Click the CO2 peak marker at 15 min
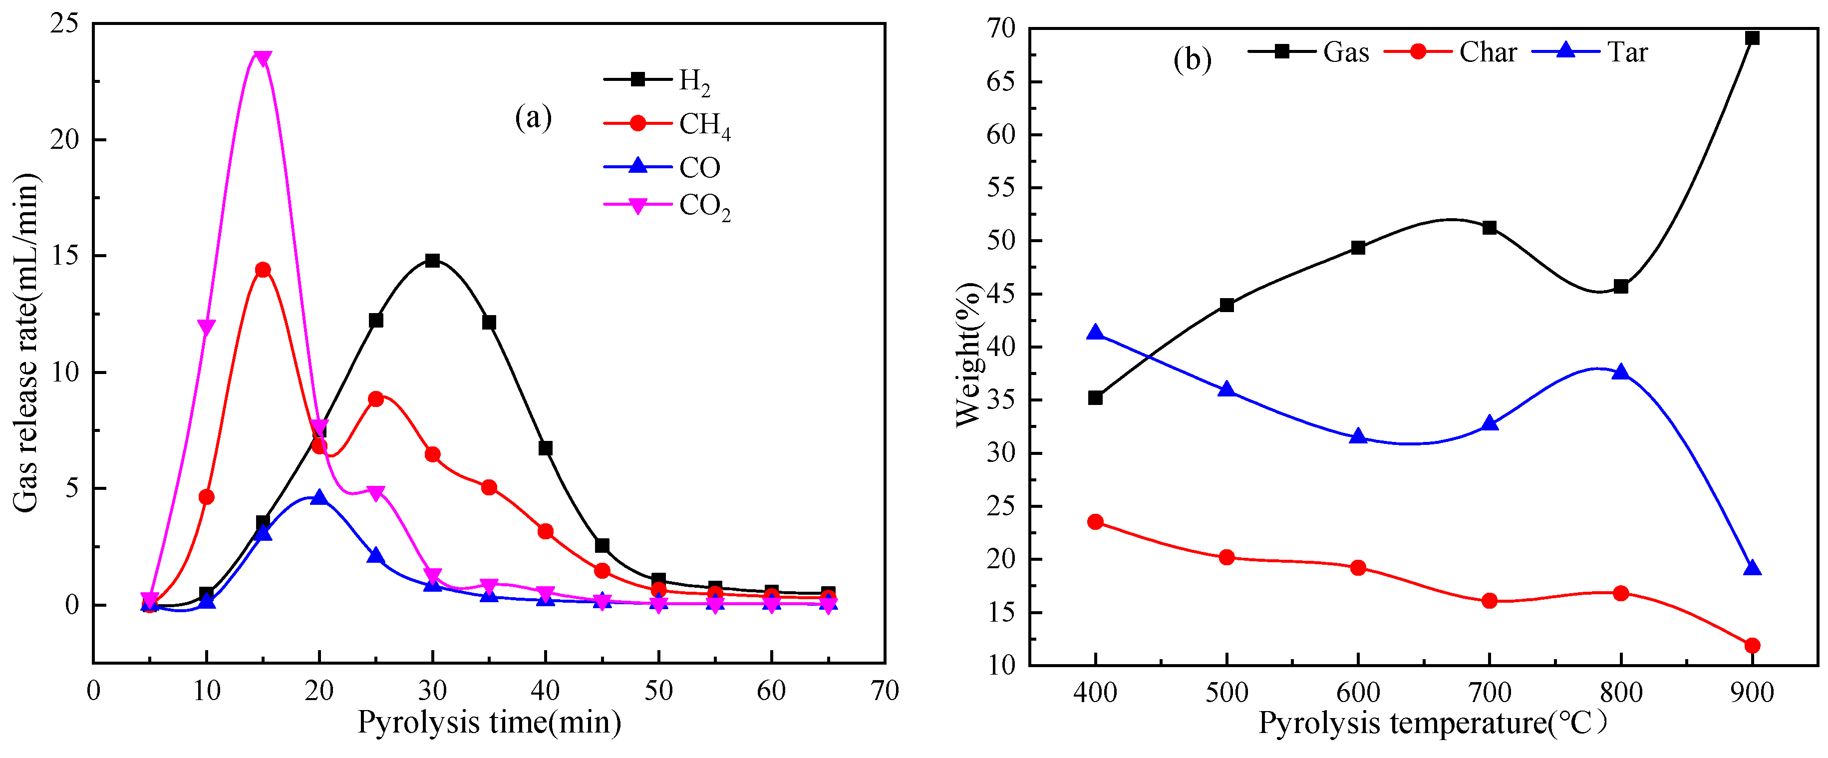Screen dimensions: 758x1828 click(263, 58)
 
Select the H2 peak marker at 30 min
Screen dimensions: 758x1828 click(432, 261)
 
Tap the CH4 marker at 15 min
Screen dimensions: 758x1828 click(263, 270)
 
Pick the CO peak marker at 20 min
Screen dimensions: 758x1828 click(319, 497)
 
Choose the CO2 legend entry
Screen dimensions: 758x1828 click(666, 206)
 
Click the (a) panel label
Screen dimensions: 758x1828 click(533, 117)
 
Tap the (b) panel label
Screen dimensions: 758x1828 click(1192, 59)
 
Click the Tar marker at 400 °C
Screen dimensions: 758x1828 click(1095, 332)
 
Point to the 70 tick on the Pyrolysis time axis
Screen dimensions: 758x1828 click(884, 691)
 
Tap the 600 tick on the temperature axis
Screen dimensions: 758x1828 click(1357, 692)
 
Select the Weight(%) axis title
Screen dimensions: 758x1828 click(968, 355)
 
